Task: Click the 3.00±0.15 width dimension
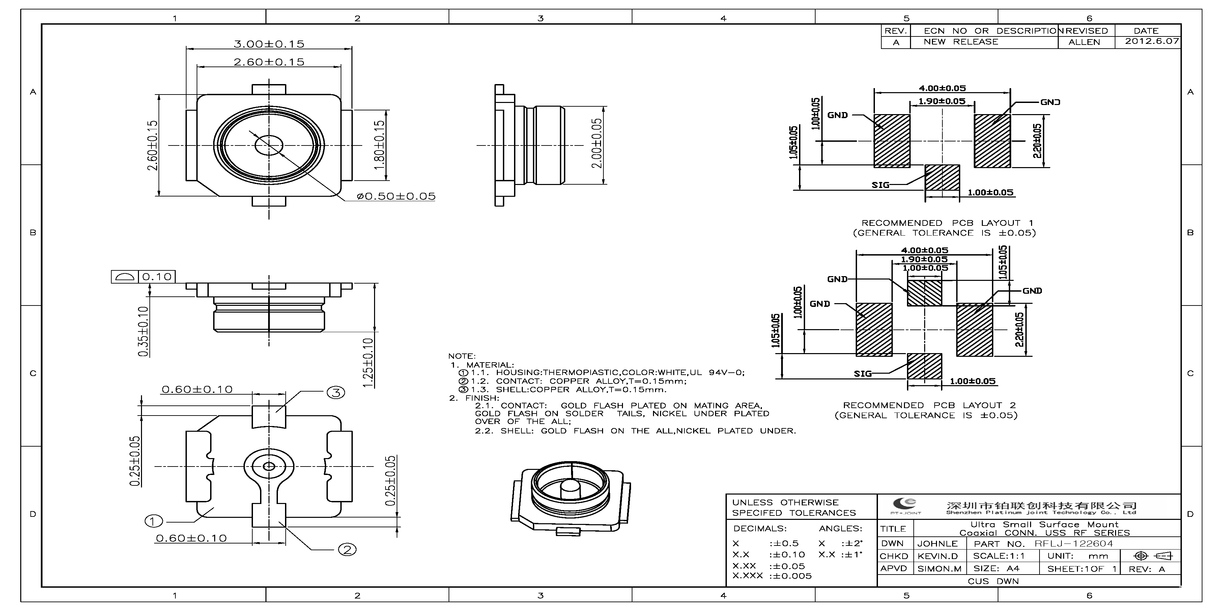click(269, 44)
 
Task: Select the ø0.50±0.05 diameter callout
click(396, 196)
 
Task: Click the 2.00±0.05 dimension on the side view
click(596, 143)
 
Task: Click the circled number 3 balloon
click(336, 393)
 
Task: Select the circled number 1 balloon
click(153, 521)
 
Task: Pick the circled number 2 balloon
click(347, 550)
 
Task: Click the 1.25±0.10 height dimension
click(368, 363)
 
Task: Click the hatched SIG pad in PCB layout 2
click(924, 366)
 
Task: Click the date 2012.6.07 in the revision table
click(1152, 41)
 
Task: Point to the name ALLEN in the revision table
click(1084, 42)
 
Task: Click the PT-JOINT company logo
click(905, 506)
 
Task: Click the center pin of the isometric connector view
click(568, 491)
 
